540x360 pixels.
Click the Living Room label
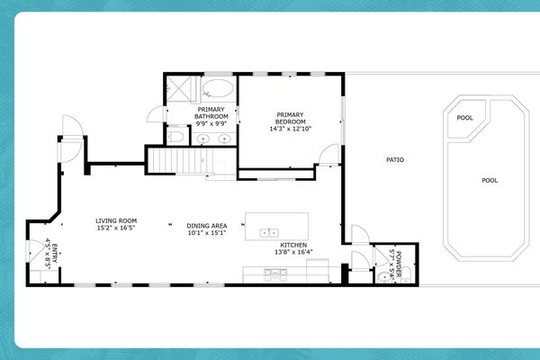click(116, 220)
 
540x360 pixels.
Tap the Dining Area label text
click(206, 226)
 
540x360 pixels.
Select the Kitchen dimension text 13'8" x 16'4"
click(294, 252)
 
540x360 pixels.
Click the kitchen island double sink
click(269, 232)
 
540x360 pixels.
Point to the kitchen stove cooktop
click(271, 274)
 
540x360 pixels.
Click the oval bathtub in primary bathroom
click(216, 89)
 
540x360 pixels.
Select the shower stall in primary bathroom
click(182, 90)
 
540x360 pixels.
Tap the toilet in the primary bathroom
click(177, 138)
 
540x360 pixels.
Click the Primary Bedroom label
click(291, 117)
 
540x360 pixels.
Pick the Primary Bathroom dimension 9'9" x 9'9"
click(211, 124)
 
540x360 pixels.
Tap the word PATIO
click(394, 160)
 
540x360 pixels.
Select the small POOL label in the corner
click(464, 118)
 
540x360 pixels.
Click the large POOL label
click(490, 180)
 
